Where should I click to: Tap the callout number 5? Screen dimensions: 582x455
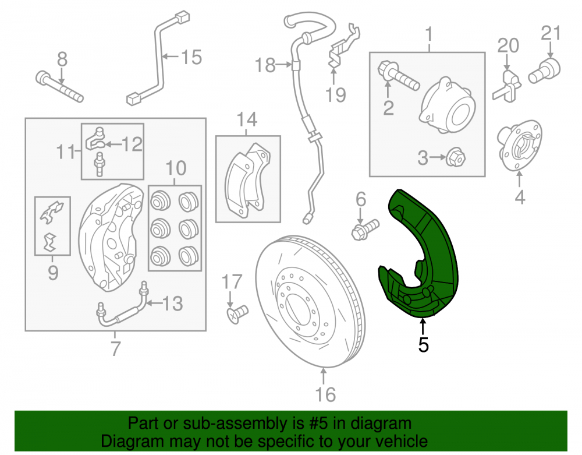click(423, 345)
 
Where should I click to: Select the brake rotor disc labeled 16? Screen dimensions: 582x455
click(310, 301)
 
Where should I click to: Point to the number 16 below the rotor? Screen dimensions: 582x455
click(325, 394)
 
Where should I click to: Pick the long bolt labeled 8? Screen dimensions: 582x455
click(59, 87)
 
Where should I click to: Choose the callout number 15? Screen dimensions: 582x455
click(191, 58)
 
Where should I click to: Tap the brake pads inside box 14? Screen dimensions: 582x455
click(247, 179)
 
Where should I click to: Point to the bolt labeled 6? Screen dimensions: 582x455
click(365, 230)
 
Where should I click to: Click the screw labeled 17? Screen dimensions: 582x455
click(237, 314)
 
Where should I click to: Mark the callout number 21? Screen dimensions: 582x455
click(551, 33)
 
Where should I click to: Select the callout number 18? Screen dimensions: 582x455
click(265, 65)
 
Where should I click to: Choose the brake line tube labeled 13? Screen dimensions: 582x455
click(122, 306)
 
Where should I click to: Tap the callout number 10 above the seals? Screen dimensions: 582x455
click(176, 168)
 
